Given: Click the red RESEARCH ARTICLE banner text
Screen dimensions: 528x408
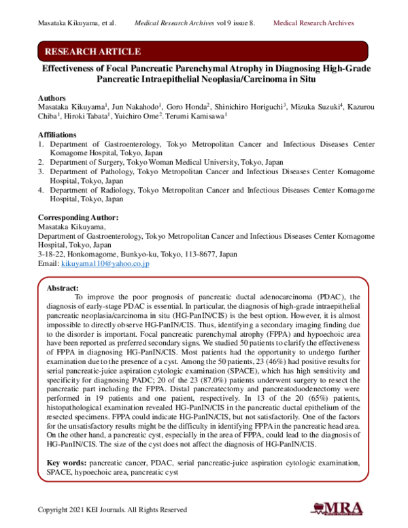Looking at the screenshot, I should (92, 52).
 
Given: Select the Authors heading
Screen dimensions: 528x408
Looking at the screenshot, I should (52, 97).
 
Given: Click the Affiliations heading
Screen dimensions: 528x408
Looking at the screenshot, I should (58, 135).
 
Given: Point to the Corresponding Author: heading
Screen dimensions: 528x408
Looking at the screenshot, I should (78, 218).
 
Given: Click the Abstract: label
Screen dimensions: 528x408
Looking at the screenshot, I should (62, 288).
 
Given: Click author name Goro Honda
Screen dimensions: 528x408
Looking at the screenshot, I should (184, 108).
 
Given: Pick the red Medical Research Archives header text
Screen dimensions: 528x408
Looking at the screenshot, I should (313, 23).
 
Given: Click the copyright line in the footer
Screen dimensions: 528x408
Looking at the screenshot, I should (112, 509).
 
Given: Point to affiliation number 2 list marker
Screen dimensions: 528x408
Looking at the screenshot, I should (41, 163).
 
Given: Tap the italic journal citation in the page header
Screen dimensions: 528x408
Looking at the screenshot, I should (195, 23).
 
